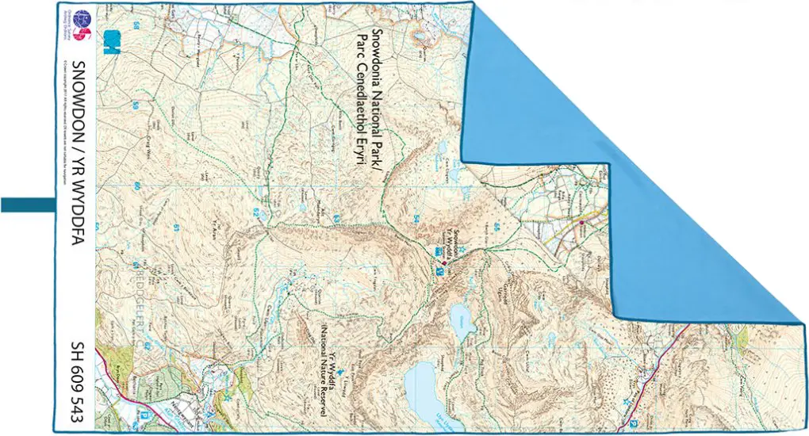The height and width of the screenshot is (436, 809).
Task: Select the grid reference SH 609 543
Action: [x=78, y=381]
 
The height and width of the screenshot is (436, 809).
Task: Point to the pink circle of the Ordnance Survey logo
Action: [x=84, y=34]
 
